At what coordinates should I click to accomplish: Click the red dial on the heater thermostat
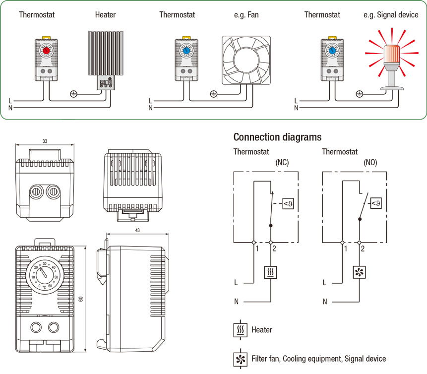(x=46, y=51)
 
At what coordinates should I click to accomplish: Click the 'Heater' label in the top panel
(x=105, y=15)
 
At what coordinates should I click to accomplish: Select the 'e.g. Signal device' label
(x=391, y=15)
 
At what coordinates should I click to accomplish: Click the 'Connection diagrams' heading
(x=277, y=137)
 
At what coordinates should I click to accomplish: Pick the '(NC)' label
(x=282, y=162)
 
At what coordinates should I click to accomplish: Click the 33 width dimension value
(x=45, y=141)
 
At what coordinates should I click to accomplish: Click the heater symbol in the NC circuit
(x=270, y=272)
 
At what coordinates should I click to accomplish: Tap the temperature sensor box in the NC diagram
(x=288, y=202)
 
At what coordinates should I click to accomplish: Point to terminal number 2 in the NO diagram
(x=363, y=248)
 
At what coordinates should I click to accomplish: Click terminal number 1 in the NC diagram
(x=257, y=248)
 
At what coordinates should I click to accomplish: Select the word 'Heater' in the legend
(x=261, y=329)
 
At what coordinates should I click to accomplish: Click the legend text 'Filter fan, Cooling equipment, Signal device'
(x=318, y=358)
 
